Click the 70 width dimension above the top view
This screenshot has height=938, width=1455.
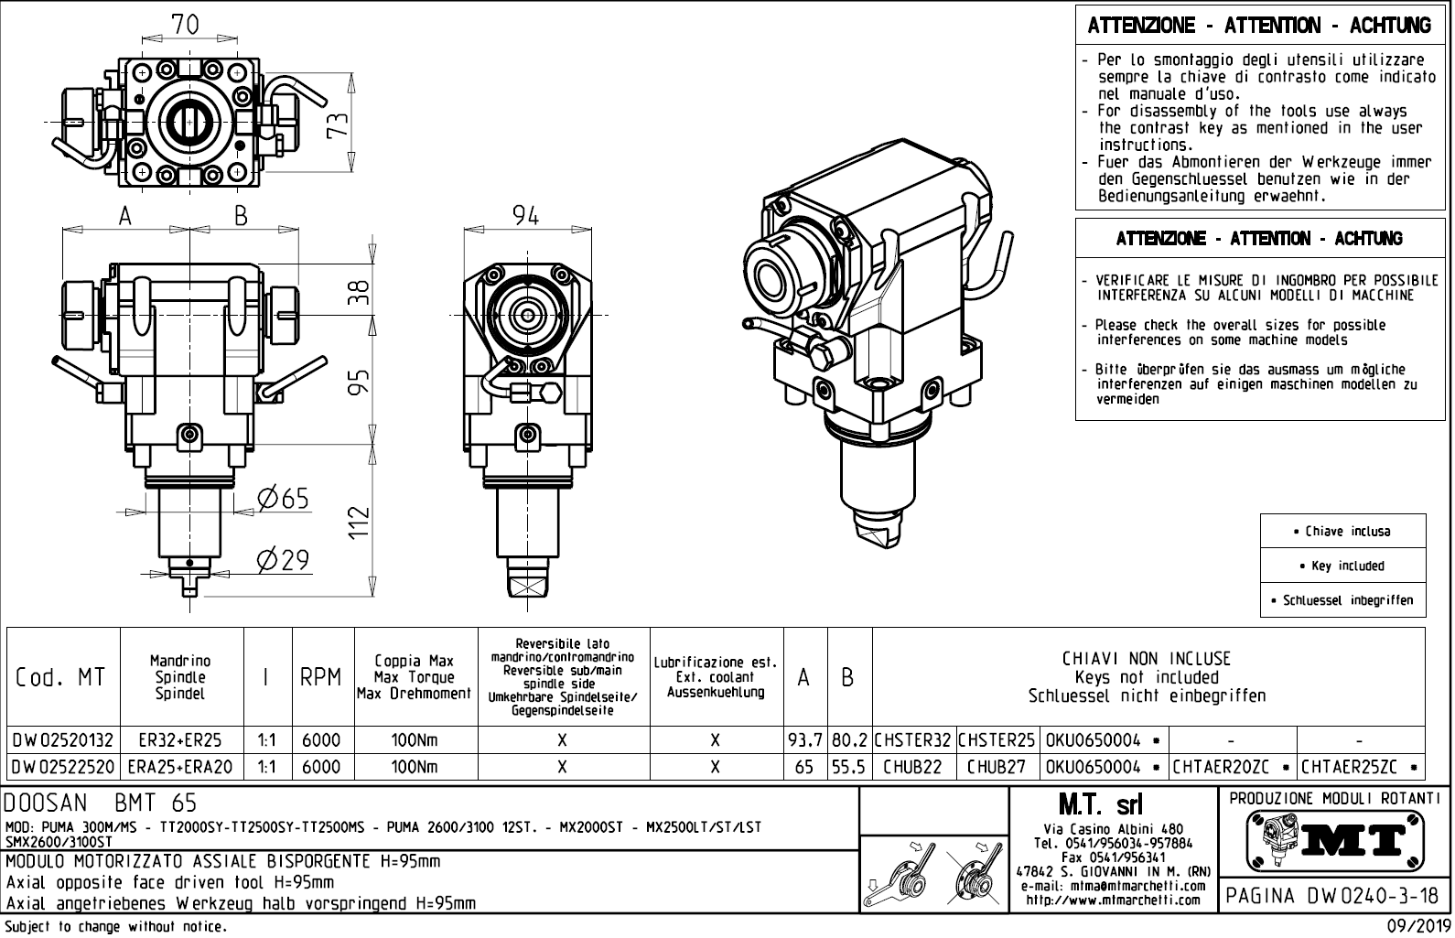click(x=185, y=26)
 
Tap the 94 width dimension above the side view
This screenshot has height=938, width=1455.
click(x=525, y=215)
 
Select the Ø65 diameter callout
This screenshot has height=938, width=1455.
click(x=283, y=498)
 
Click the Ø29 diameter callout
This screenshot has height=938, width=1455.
click(x=283, y=559)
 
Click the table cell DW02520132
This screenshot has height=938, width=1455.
click(x=63, y=739)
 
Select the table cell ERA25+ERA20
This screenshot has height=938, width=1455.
click(x=181, y=767)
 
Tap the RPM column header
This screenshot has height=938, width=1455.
click(x=321, y=678)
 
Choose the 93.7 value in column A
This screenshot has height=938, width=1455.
click(x=805, y=739)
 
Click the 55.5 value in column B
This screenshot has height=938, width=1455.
click(x=849, y=767)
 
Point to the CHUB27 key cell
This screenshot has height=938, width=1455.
click(x=997, y=767)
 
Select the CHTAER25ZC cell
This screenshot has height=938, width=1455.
click(x=1361, y=767)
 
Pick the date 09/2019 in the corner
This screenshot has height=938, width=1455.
click(x=1418, y=927)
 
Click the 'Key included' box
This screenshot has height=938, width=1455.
click(x=1342, y=566)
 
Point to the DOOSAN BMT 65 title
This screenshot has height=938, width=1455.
click(x=102, y=804)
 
